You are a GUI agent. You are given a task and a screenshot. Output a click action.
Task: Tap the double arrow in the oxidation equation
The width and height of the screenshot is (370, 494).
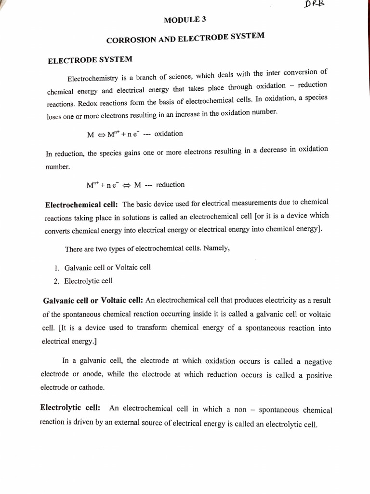[x=102, y=135]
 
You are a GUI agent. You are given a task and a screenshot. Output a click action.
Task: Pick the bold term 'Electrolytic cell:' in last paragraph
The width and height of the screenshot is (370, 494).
[x=70, y=408]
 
